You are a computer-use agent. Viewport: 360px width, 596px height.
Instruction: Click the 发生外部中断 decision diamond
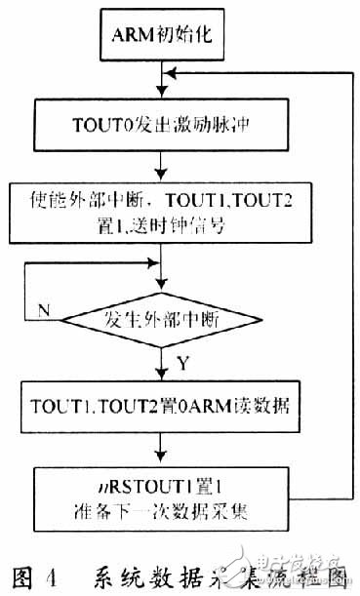tap(158, 317)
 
